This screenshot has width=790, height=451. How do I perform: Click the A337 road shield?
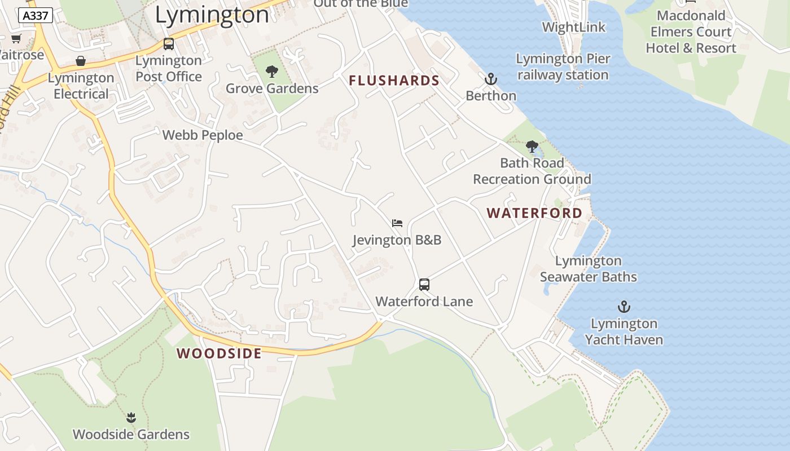tap(36, 15)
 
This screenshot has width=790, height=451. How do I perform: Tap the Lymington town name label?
tap(212, 15)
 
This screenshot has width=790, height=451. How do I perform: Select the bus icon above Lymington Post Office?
tap(168, 43)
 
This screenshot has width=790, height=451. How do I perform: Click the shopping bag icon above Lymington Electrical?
tap(81, 61)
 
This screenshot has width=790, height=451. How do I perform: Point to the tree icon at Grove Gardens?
tap(272, 72)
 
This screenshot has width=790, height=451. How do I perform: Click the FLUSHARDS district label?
tap(394, 81)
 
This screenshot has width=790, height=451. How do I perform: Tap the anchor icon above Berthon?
tap(491, 79)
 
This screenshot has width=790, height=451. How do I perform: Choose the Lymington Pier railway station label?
tap(563, 67)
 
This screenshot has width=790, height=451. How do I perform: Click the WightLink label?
tap(573, 27)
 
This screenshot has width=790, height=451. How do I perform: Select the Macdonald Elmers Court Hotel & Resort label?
tap(691, 32)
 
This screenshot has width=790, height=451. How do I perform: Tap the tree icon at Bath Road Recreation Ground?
tap(532, 147)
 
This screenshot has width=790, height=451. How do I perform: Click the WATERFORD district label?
tap(534, 213)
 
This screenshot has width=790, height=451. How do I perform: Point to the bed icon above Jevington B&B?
tap(397, 223)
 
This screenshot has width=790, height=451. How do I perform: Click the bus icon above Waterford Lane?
tap(424, 285)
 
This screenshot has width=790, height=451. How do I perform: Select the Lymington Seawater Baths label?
tap(588, 269)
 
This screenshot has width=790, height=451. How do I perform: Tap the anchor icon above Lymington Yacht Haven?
tap(624, 307)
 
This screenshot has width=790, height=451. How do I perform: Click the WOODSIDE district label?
tap(219, 353)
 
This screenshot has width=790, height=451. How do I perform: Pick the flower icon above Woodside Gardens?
tap(131, 418)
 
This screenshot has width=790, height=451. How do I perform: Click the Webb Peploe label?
tap(203, 135)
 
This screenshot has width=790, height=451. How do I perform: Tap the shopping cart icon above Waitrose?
tap(16, 38)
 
